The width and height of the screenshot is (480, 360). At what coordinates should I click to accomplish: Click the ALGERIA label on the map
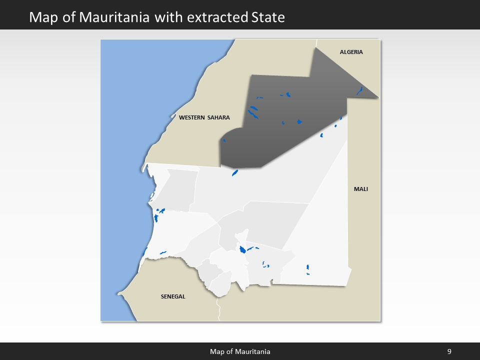coord(351,52)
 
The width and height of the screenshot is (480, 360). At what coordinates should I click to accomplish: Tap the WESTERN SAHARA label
coord(204,117)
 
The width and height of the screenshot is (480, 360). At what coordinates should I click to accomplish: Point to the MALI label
coord(360,189)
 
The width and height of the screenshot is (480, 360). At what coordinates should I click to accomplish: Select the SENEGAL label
coord(173,296)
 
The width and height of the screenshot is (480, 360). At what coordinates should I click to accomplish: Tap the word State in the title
coord(266,17)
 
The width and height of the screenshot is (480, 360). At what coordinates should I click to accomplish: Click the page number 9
coord(449,351)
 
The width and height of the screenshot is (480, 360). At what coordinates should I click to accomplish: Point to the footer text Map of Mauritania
coord(240,351)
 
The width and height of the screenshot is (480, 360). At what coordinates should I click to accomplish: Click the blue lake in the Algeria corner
coord(359,91)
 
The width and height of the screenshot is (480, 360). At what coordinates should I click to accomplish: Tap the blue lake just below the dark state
coord(234,173)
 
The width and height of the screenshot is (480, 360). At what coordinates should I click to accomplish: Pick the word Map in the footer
coord(216,351)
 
